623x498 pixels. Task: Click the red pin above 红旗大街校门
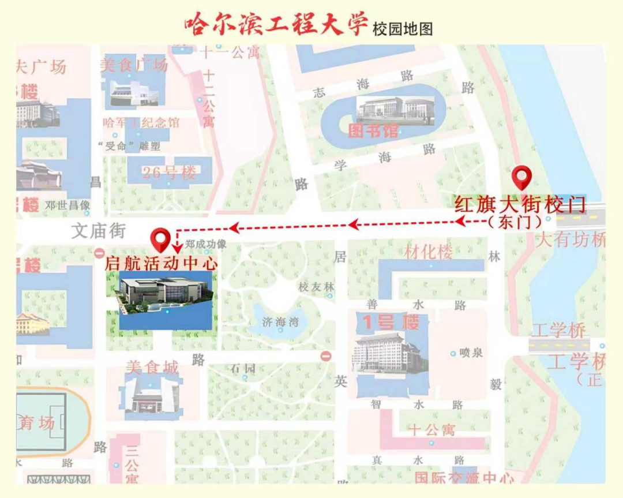pyautogui.click(x=522, y=177)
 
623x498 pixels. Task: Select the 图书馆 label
pyautogui.click(x=373, y=131)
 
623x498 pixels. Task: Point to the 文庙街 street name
pyautogui.click(x=98, y=231)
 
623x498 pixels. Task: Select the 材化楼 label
pyautogui.click(x=428, y=252)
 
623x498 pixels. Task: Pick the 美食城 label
pyautogui.click(x=152, y=368)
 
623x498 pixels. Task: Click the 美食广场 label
pyautogui.click(x=134, y=65)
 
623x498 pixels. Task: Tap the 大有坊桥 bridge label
pyautogui.click(x=571, y=239)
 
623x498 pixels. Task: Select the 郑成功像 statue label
pyautogui.click(x=205, y=244)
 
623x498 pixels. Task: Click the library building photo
pyautogui.click(x=395, y=109)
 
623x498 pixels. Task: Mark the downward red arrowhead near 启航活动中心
pyautogui.click(x=178, y=249)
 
